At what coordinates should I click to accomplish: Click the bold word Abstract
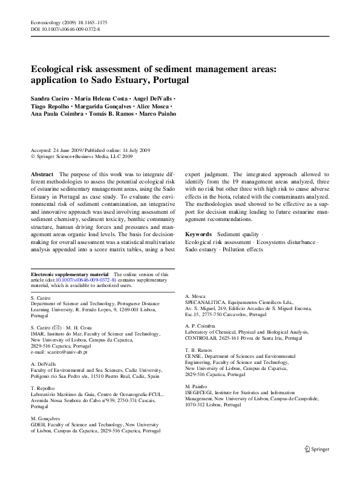click(x=41, y=174)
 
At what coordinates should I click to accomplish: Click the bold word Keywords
click(x=198, y=234)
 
